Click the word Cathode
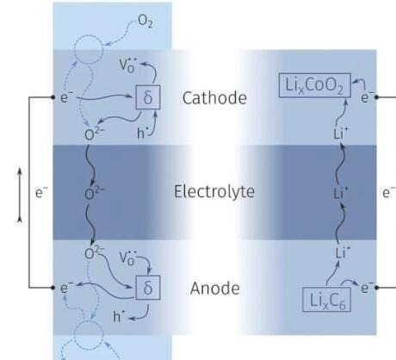[214, 98]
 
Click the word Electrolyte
[214, 191]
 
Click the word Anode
[215, 289]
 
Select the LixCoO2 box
[315, 85]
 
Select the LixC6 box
[326, 300]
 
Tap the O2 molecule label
[145, 22]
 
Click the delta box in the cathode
[148, 97]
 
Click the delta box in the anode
[148, 288]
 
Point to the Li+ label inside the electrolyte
[341, 193]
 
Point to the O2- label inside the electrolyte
[95, 193]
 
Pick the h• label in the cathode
[143, 133]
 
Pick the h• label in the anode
[119, 316]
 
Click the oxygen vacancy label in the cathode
[127, 65]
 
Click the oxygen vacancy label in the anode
[127, 258]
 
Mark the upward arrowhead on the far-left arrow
[20, 171]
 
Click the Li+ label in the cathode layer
[341, 133]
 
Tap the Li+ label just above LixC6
[343, 252]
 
